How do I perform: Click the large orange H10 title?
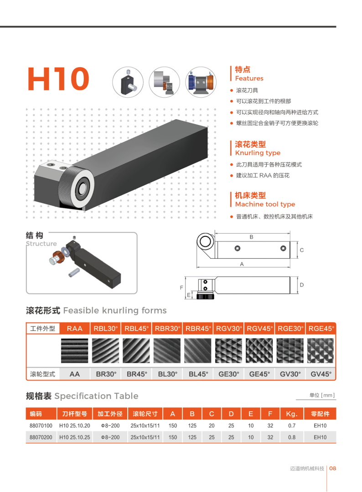click(x=59, y=79)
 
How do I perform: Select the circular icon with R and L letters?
click(x=201, y=82)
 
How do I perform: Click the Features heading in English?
click(x=249, y=79)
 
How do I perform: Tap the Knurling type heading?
click(x=258, y=153)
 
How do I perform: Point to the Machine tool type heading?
click(x=265, y=204)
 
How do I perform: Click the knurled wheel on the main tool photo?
click(x=77, y=188)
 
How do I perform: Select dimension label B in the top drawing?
click(x=251, y=237)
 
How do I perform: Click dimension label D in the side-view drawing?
click(x=302, y=285)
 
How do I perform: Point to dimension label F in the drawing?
click(x=181, y=288)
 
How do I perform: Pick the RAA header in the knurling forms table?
click(x=75, y=329)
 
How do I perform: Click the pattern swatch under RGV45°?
click(x=259, y=351)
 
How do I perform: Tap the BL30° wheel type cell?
click(x=168, y=374)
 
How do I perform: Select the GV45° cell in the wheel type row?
click(x=321, y=374)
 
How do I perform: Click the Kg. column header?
click(x=291, y=414)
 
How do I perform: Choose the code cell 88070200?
click(x=41, y=437)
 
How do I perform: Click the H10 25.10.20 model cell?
click(x=75, y=426)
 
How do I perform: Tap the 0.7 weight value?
click(x=292, y=426)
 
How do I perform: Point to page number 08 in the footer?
click(x=333, y=468)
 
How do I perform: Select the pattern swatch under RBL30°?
click(x=106, y=351)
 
